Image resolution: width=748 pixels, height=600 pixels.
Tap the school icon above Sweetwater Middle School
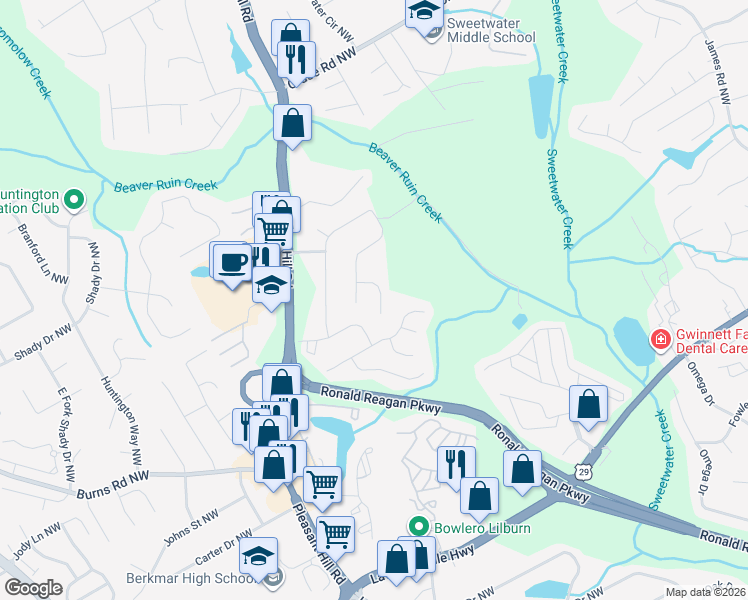(x=423, y=13)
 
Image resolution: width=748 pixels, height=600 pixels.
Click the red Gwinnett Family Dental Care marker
(x=660, y=340)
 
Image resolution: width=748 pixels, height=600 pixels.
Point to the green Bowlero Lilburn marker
(x=419, y=526)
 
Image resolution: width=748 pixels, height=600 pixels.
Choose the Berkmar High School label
(x=188, y=579)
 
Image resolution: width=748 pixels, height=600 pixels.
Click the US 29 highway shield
(x=587, y=467)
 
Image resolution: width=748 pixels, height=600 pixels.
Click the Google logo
(x=33, y=588)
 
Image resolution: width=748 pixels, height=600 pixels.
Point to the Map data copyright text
(x=705, y=592)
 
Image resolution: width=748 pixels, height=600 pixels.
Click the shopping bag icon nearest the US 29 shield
(x=588, y=404)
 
